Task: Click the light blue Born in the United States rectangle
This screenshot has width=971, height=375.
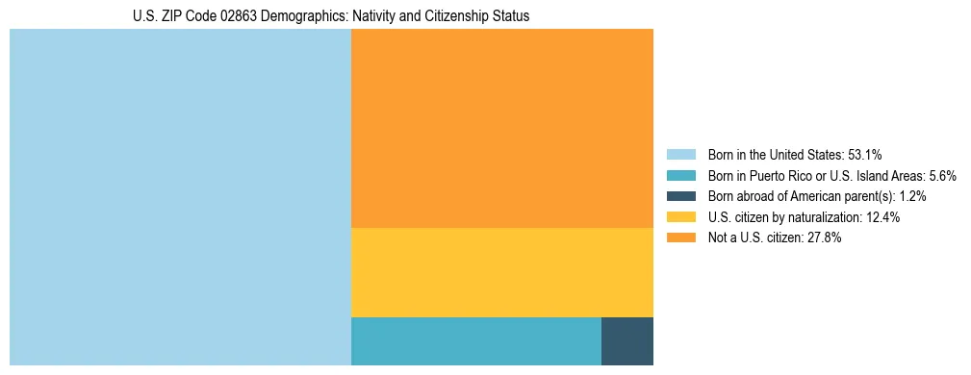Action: point(180,197)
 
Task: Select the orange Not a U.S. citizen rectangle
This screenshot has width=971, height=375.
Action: point(502,128)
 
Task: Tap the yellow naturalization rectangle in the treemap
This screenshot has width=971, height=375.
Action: point(502,272)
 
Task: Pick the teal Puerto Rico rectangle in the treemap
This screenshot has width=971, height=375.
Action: point(476,341)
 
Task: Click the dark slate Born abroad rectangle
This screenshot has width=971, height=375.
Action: point(627,341)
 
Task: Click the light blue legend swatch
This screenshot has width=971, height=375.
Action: point(680,155)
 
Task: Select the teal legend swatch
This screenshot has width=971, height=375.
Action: point(680,176)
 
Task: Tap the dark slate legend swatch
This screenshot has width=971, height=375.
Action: point(680,196)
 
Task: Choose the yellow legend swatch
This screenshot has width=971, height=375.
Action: point(680,217)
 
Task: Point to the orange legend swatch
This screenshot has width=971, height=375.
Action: point(680,238)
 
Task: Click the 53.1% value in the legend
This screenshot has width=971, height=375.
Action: point(863,155)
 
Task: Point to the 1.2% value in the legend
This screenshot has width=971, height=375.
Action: point(912,196)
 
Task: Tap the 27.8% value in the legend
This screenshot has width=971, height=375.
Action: point(825,238)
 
